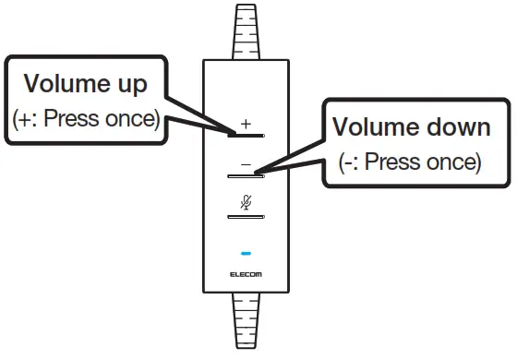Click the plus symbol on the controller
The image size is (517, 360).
tap(246, 123)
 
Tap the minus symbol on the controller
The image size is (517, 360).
tap(246, 162)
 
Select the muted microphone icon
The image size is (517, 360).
tap(246, 202)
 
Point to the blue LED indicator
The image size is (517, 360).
tap(246, 252)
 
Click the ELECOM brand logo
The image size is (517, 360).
tap(246, 274)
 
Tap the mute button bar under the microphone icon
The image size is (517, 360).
tap(246, 216)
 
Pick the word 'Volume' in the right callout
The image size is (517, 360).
tap(372, 127)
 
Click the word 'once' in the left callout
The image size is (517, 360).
tap(135, 120)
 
